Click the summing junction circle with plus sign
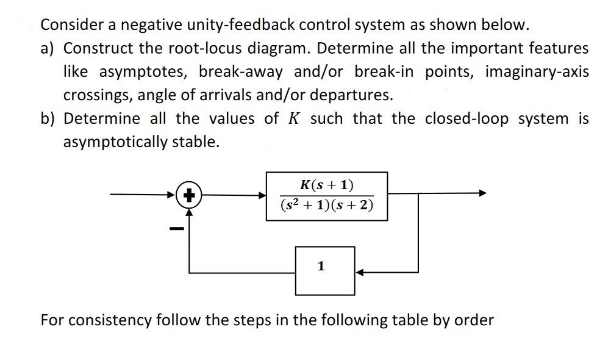(190, 195)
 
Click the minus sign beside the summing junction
(176, 229)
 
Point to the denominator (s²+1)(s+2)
(327, 206)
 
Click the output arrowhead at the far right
(483, 193)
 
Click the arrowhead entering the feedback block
(360, 272)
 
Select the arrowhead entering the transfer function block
(263, 195)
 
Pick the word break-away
(241, 71)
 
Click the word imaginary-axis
(537, 71)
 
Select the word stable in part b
(195, 142)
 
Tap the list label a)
(49, 48)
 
